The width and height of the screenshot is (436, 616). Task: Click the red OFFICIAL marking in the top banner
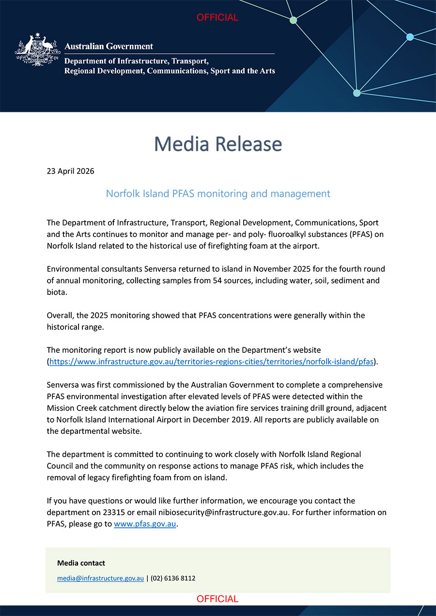click(218, 17)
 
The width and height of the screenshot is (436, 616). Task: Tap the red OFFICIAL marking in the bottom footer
click(218, 599)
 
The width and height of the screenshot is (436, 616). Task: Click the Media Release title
click(218, 144)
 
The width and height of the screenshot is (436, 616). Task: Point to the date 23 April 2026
click(70, 171)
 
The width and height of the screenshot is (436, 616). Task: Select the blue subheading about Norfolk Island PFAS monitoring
click(218, 194)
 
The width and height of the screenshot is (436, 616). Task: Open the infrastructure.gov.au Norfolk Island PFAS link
click(212, 362)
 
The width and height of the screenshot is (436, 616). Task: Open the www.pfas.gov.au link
click(145, 524)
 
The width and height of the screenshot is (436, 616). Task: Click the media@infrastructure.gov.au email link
click(100, 578)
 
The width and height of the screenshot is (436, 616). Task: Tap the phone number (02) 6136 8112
click(173, 578)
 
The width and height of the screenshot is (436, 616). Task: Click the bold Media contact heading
click(81, 563)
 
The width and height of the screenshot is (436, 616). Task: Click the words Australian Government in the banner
click(109, 47)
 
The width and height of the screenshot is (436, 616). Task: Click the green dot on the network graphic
click(293, 20)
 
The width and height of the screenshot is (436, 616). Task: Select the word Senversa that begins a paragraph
click(63, 385)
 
